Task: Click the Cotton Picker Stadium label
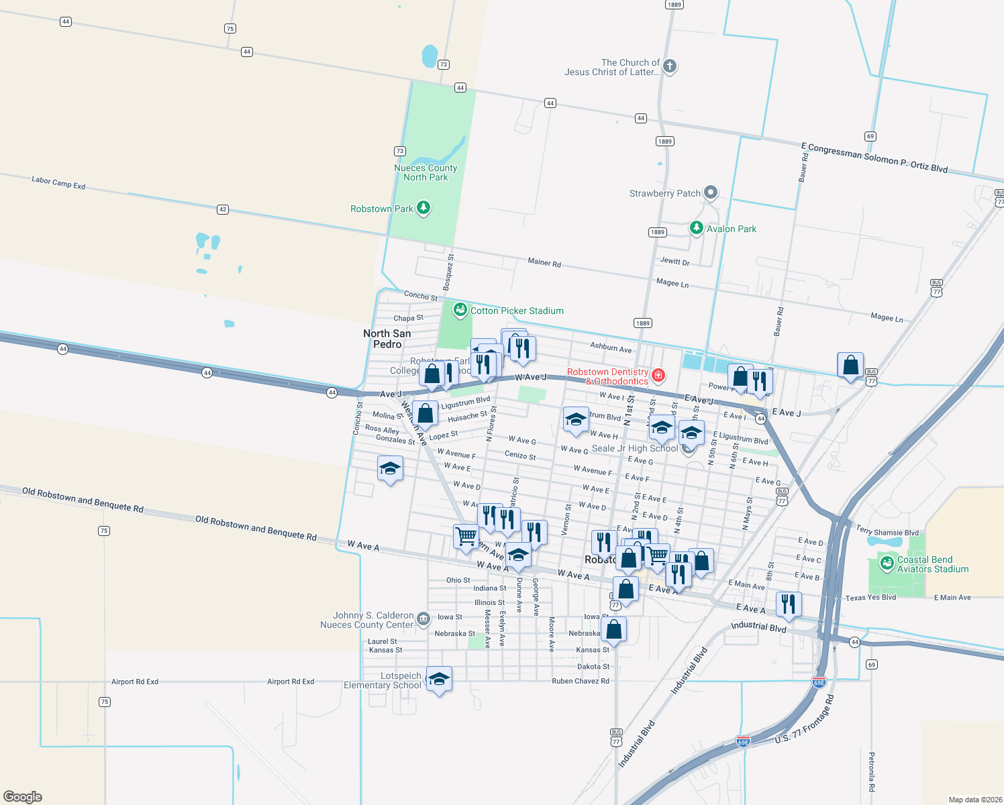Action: [517, 311]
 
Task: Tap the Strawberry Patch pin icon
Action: [711, 193]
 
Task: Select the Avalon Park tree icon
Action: [697, 228]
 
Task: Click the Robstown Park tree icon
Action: [423, 208]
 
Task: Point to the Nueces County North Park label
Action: [425, 172]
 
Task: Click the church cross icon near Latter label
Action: [669, 66]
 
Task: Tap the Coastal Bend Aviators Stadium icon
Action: [887, 562]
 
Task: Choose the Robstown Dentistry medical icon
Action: [658, 375]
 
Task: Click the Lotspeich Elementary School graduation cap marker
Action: [439, 679]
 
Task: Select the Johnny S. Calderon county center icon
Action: [423, 619]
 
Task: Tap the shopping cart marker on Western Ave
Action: [466, 537]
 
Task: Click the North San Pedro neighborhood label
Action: [387, 339]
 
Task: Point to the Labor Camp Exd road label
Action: [58, 182]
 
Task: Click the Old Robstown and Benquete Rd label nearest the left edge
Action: [83, 500]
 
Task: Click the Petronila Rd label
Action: [872, 771]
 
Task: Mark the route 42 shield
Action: [223, 209]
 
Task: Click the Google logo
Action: [23, 797]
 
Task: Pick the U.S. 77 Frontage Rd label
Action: [805, 720]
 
